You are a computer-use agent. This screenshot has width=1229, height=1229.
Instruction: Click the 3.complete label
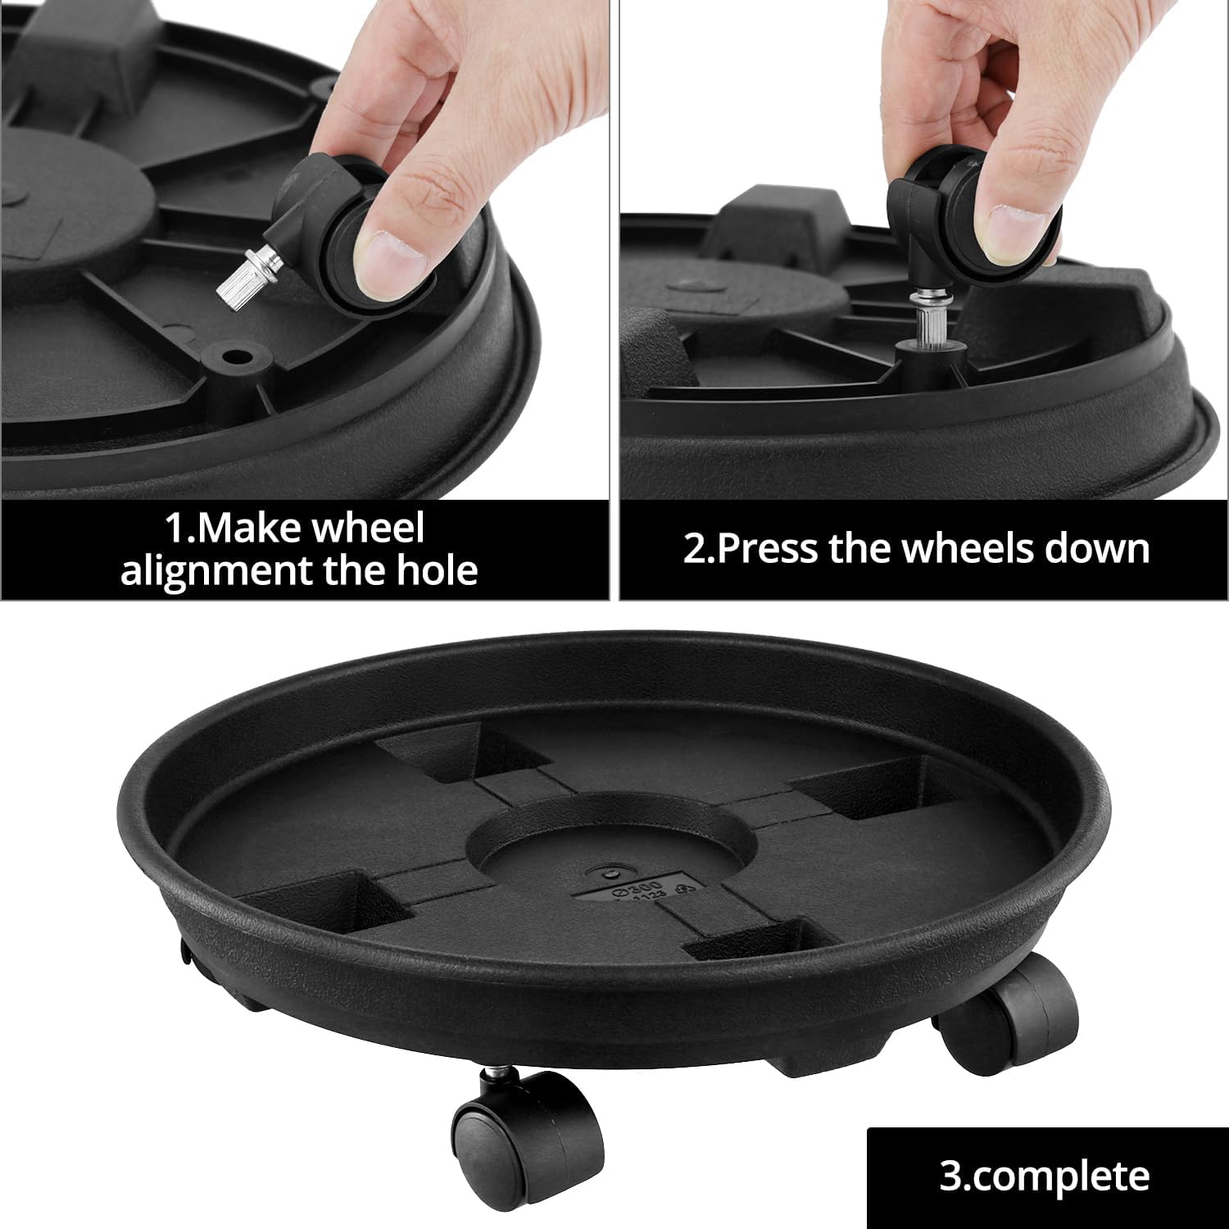(x=1044, y=1177)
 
